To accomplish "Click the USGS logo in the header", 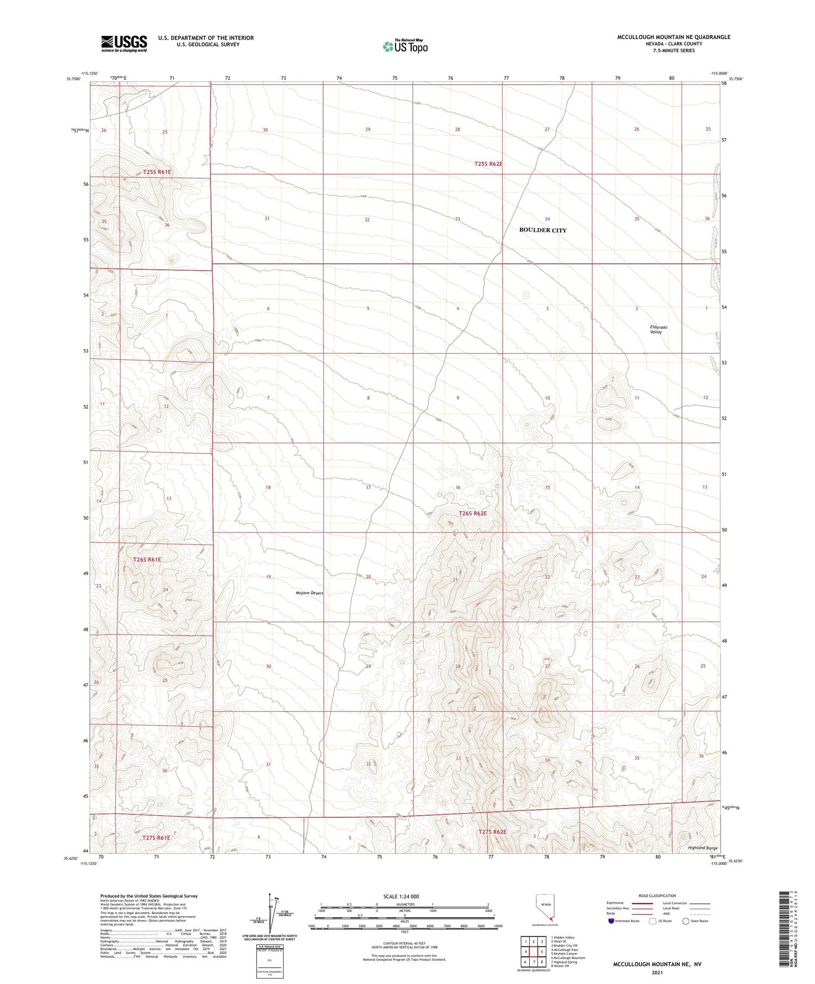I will coord(124,43).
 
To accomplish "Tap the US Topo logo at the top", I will coord(405,47).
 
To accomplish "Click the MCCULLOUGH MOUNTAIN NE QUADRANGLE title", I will coord(673,37).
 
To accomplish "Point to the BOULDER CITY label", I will coord(542,230).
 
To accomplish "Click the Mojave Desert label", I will coord(309,593).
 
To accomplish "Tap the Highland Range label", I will coord(703,848).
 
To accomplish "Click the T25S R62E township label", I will coord(488,163).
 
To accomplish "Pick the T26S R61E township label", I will coord(147,559).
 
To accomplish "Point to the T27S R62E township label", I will coord(492,832).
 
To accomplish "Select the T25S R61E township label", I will coord(157,172).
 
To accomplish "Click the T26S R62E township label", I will coord(472,513).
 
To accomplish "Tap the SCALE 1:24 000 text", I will coord(401,896).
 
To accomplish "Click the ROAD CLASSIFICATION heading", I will coord(657,896).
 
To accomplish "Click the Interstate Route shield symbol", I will coord(611,921).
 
